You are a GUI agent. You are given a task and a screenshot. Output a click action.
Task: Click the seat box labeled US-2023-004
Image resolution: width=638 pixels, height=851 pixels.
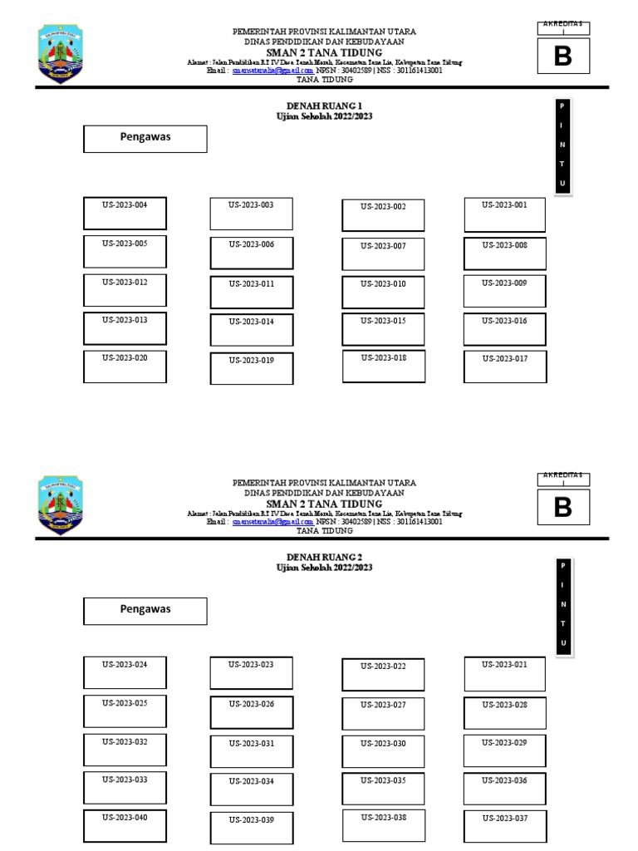[125, 213]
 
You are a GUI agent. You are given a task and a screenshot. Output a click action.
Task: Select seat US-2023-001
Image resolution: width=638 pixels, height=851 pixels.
[505, 214]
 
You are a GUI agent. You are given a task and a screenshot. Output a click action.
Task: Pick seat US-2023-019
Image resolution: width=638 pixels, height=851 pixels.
[252, 369]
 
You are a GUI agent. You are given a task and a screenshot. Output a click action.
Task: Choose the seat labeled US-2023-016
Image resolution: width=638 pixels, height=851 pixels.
[505, 329]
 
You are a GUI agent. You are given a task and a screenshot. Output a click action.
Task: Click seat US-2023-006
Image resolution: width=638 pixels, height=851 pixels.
[252, 253]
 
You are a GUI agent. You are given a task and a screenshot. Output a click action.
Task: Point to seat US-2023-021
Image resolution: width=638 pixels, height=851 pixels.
[505, 674]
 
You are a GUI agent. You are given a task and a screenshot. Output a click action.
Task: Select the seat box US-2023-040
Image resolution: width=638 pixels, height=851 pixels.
[125, 826]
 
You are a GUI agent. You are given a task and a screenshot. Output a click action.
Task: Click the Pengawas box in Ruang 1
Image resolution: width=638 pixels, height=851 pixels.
[145, 139]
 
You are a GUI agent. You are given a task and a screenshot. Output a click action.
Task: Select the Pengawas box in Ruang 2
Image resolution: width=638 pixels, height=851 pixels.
[145, 611]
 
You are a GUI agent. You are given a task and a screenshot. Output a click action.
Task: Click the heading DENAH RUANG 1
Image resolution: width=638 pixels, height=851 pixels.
[324, 106]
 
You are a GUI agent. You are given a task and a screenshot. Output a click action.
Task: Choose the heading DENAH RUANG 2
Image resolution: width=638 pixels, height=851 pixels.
[324, 557]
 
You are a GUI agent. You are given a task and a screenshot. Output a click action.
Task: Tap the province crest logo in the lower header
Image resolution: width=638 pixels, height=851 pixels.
[61, 505]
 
